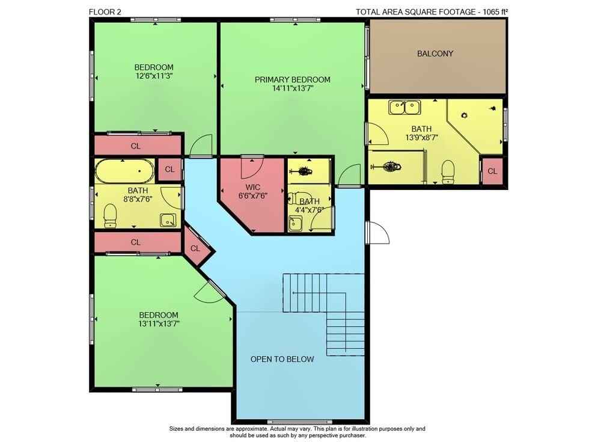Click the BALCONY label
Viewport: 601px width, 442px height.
(x=435, y=54)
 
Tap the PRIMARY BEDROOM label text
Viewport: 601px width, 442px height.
(x=293, y=80)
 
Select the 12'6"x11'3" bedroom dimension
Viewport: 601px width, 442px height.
(x=154, y=76)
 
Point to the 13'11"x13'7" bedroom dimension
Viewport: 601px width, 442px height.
(x=159, y=324)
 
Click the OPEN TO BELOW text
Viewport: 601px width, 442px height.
(x=282, y=359)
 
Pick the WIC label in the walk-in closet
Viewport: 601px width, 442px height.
(x=252, y=187)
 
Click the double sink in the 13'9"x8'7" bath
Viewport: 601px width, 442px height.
(x=404, y=108)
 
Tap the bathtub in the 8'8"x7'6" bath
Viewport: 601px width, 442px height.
(x=124, y=171)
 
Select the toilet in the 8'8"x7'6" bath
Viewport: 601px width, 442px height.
(x=110, y=216)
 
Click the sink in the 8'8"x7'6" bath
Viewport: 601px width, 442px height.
(x=168, y=220)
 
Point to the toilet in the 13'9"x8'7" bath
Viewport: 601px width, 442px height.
(x=448, y=172)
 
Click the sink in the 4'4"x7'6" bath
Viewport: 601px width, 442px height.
(x=295, y=224)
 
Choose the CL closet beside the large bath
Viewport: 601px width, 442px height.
(x=492, y=171)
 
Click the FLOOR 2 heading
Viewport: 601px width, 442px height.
(x=105, y=12)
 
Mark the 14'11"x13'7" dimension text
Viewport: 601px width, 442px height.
(x=293, y=88)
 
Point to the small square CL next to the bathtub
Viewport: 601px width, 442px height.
(x=170, y=169)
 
